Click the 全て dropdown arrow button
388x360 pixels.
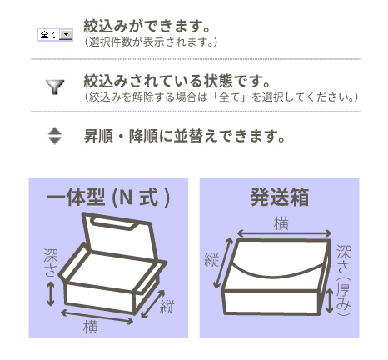(66, 35)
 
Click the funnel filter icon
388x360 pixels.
(55, 87)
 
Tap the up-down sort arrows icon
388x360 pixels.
(55, 136)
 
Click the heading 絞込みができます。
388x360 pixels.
(147, 26)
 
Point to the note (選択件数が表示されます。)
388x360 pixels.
(151, 42)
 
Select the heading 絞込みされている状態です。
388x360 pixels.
(177, 81)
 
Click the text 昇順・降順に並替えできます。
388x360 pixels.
(184, 136)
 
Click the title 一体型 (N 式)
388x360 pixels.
(108, 197)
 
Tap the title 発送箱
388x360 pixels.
(280, 197)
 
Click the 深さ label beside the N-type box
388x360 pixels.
(50, 262)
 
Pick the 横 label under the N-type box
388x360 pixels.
(91, 327)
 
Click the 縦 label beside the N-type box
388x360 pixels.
(167, 307)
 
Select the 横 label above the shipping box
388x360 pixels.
(281, 223)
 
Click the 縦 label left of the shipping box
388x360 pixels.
(211, 260)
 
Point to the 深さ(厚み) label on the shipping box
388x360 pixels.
(344, 281)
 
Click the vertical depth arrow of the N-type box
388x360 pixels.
(50, 293)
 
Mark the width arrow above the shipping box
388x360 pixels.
(284, 233)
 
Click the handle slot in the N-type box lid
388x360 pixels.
(113, 222)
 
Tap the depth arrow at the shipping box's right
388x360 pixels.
(330, 301)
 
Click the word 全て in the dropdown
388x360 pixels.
(49, 35)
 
